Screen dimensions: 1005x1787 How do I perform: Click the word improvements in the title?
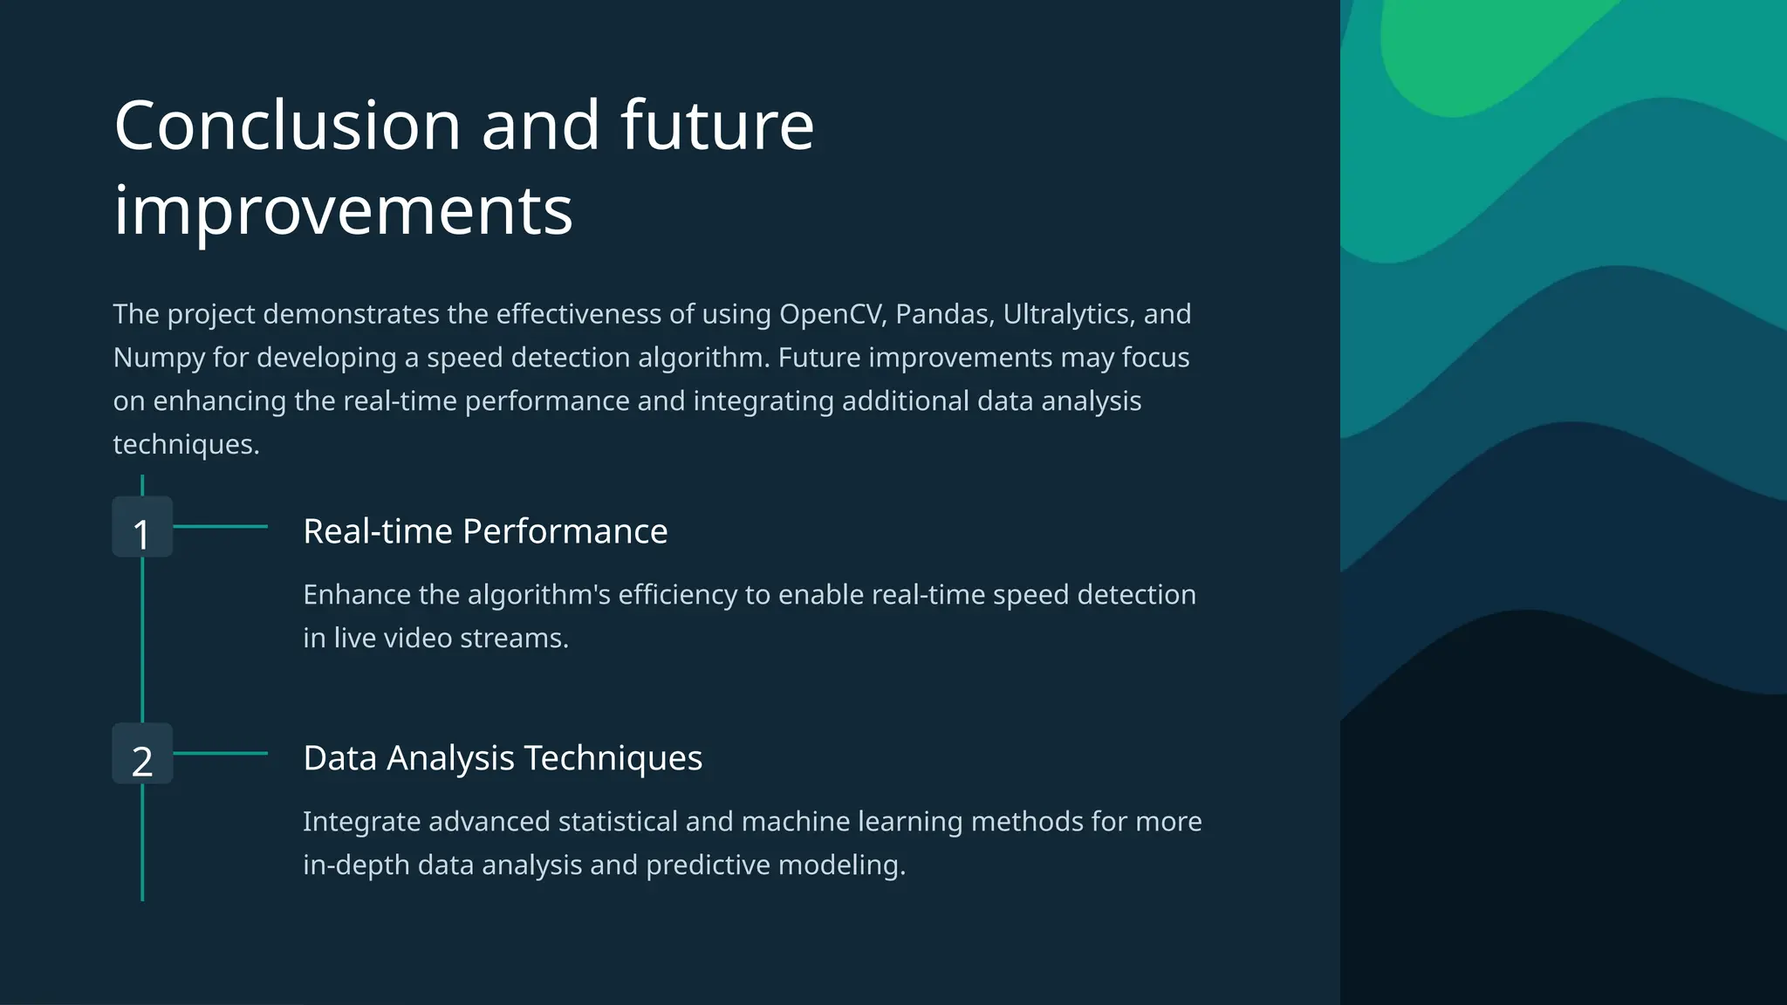point(343,211)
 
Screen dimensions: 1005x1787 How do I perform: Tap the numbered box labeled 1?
point(142,528)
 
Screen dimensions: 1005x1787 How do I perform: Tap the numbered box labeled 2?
point(142,755)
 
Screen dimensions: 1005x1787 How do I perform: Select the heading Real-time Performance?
point(485,531)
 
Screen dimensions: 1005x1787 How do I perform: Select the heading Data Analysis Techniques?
point(503,758)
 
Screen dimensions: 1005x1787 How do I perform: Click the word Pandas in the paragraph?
point(944,314)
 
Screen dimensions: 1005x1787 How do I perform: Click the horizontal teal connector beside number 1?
point(221,526)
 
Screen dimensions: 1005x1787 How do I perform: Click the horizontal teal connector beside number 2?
point(221,753)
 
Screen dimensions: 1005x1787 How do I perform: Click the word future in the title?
point(717,126)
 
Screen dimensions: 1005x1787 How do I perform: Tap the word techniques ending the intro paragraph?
point(185,445)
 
